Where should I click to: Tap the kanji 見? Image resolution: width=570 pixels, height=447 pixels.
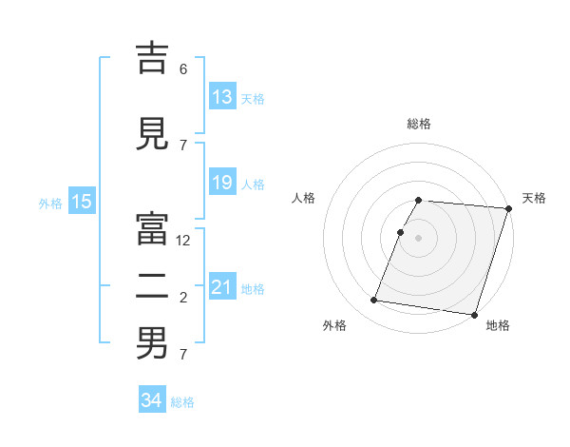point(152,135)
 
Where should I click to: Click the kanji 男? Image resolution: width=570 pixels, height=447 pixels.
point(152,343)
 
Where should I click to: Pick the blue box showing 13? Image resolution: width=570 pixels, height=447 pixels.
point(222,97)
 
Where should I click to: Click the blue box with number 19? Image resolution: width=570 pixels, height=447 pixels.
point(222,183)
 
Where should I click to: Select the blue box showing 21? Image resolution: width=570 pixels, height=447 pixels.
point(222,287)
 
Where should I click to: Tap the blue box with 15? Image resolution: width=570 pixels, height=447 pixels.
point(81,201)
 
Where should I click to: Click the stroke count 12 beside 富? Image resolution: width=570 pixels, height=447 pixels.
point(184,241)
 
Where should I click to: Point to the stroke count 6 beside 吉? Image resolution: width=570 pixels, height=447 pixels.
point(183,69)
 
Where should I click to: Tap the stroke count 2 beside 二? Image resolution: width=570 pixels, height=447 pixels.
point(183,299)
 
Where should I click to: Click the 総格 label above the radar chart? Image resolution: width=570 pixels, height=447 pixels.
point(419,124)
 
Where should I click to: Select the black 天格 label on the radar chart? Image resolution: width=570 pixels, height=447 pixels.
point(534,198)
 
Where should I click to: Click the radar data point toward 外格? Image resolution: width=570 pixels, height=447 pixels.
point(374,301)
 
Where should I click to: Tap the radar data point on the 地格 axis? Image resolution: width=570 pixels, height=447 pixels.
point(474,314)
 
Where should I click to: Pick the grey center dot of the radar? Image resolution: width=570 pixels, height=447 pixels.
point(419,238)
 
